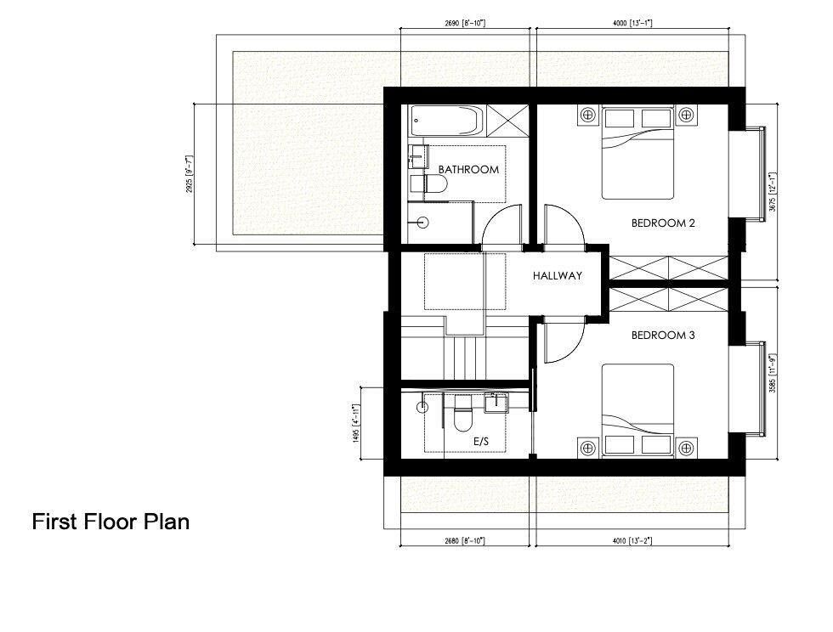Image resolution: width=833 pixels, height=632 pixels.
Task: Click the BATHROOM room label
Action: click(x=468, y=170)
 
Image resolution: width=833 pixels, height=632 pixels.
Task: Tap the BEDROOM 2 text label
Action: click(x=663, y=223)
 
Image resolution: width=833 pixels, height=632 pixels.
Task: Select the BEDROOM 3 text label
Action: click(x=663, y=336)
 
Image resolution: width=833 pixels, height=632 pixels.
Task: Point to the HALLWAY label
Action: click(x=558, y=276)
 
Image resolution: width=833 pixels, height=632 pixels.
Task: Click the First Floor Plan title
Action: click(x=110, y=521)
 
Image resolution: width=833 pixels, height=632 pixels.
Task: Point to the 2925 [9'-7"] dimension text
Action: click(x=190, y=173)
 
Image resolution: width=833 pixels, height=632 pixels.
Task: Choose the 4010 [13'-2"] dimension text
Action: click(x=632, y=540)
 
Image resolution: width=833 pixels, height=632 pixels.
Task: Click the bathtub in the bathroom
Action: click(x=445, y=120)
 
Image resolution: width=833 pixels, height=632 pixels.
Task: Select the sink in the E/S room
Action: click(x=495, y=403)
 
